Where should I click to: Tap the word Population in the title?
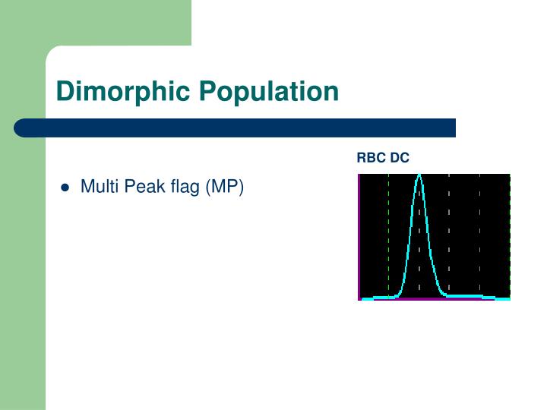point(268,92)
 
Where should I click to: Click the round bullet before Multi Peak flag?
point(65,187)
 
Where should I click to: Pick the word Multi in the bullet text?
point(96,186)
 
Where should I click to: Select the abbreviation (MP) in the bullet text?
point(225,187)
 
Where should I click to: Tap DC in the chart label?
point(400,158)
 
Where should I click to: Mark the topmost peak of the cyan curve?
point(419,175)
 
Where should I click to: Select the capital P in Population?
point(207,92)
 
